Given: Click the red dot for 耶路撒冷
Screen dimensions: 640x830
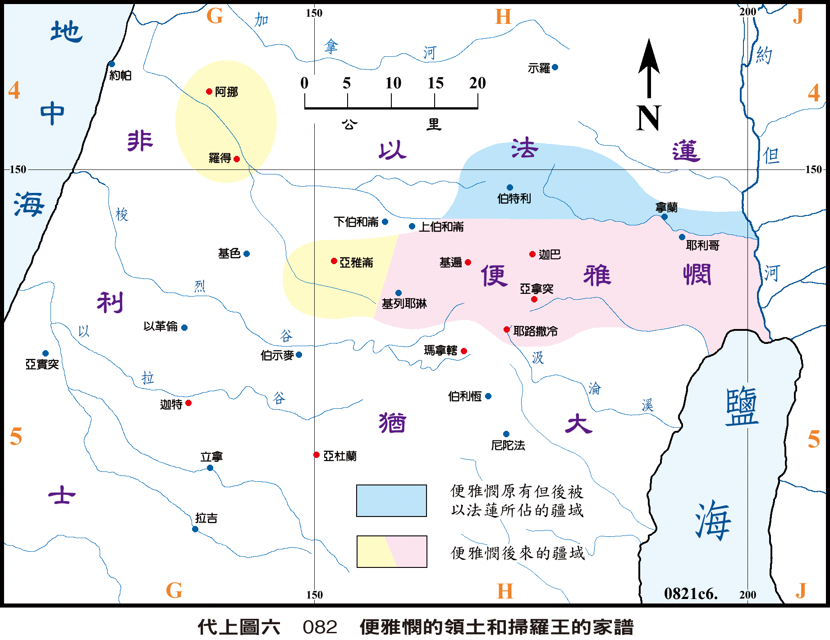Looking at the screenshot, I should pos(507,329).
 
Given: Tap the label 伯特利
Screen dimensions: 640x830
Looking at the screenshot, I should pos(514,198).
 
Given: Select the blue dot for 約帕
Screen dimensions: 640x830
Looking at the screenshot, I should pos(112,64).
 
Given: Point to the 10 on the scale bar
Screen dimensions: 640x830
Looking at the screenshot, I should pos(393,83).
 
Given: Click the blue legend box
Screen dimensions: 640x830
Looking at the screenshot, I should pos(391,501).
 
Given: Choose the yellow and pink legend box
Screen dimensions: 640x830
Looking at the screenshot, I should pos(391,551).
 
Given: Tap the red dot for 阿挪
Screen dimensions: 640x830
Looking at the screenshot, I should pos(209,91).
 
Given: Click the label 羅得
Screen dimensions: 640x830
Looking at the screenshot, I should pos(220,158).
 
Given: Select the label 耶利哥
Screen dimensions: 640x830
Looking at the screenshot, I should pos(702,246).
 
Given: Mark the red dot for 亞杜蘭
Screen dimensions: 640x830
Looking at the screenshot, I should pos(316,455).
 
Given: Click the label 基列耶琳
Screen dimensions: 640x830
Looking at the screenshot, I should pos(404,304).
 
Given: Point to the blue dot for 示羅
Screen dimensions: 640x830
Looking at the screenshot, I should pos(555,67).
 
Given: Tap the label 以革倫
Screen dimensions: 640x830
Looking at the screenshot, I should pos(160,326).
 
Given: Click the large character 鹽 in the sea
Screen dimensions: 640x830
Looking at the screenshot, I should pos(742,406).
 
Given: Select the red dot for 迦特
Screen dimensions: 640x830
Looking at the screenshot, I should pos(188,403).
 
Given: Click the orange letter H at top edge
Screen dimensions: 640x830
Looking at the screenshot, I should pos(503,17).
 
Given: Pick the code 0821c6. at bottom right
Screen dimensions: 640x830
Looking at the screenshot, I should pos(690,594).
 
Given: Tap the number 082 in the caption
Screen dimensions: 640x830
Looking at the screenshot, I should pos(320,627).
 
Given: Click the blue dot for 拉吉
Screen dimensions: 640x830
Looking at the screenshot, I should pos(195,529).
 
